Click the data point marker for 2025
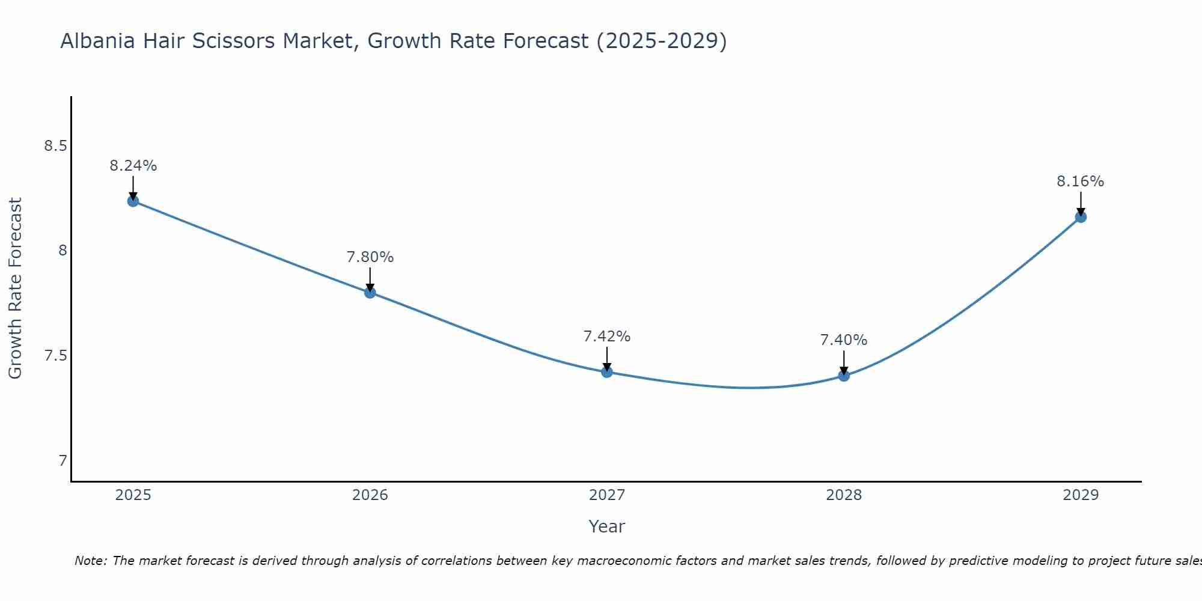pyautogui.click(x=133, y=201)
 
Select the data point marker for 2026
pyautogui.click(x=370, y=293)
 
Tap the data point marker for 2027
pyautogui.click(x=607, y=372)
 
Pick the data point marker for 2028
pyautogui.click(x=844, y=376)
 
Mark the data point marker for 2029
pyautogui.click(x=1081, y=217)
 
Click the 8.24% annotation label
pyautogui.click(x=133, y=166)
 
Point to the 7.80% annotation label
pyautogui.click(x=370, y=257)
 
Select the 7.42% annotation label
pyautogui.click(x=607, y=337)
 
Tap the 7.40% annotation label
pyautogui.click(x=844, y=340)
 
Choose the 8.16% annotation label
pyautogui.click(x=1081, y=182)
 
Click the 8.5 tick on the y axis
pyautogui.click(x=55, y=146)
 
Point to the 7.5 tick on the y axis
pyautogui.click(x=55, y=356)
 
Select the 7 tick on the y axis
pyautogui.click(x=63, y=461)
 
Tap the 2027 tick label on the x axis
pyautogui.click(x=607, y=495)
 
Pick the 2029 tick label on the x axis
pyautogui.click(x=1081, y=495)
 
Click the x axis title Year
pyautogui.click(x=607, y=526)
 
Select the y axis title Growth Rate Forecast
pyautogui.click(x=15, y=288)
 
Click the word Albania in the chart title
pyautogui.click(x=98, y=41)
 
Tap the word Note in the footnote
pyautogui.click(x=90, y=561)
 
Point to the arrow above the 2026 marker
pyautogui.click(x=370, y=278)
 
